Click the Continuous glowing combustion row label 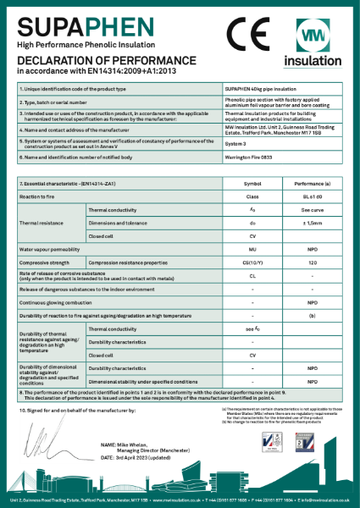coord(58,302)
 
